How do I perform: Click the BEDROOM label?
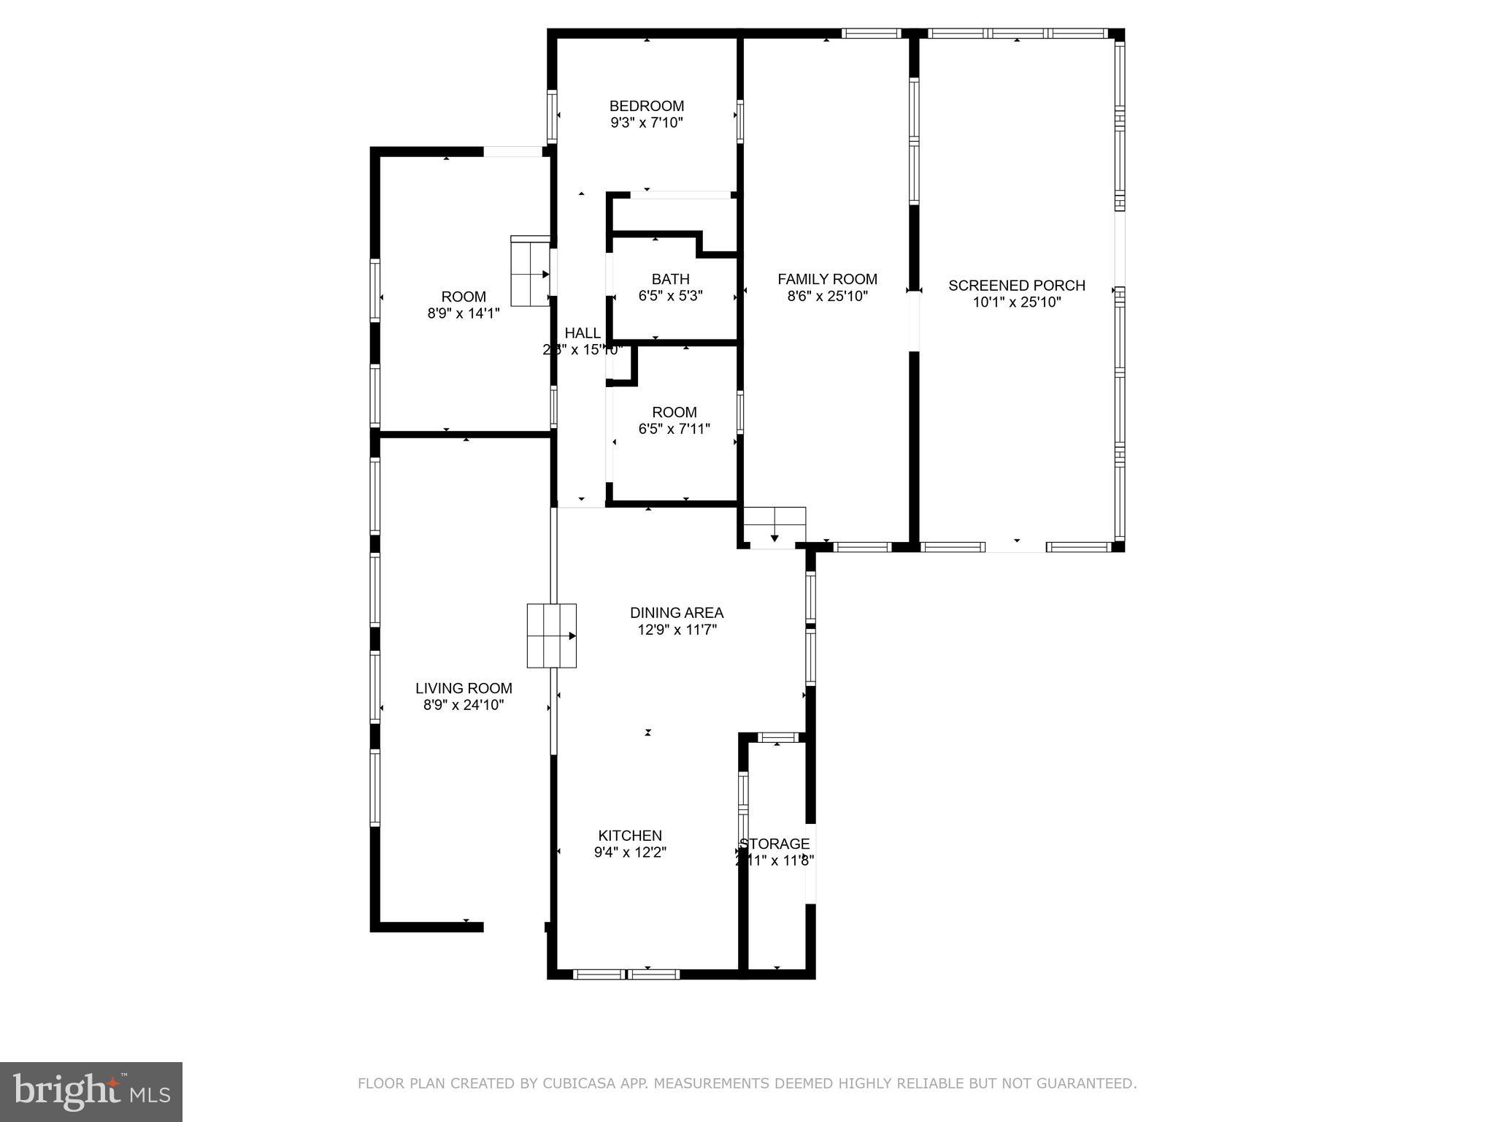pyautogui.click(x=647, y=106)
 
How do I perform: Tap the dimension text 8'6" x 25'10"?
pyautogui.click(x=827, y=297)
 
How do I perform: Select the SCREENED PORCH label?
pyautogui.click(x=1016, y=286)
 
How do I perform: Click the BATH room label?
pyautogui.click(x=670, y=279)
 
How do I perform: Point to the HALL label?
pyautogui.click(x=582, y=333)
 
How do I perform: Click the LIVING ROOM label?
pyautogui.click(x=464, y=688)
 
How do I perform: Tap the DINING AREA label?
pyautogui.click(x=677, y=613)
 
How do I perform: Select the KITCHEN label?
pyautogui.click(x=630, y=836)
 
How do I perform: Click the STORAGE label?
pyautogui.click(x=775, y=844)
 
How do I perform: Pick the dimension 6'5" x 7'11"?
pyautogui.click(x=674, y=430)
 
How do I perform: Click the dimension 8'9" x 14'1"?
pyautogui.click(x=464, y=314)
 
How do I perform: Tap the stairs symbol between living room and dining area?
pyautogui.click(x=552, y=636)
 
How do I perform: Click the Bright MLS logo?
pyautogui.click(x=91, y=1091)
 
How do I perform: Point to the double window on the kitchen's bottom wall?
pyautogui.click(x=626, y=974)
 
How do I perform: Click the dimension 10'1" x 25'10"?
pyautogui.click(x=1016, y=302)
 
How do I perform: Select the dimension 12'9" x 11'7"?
pyautogui.click(x=677, y=630)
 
